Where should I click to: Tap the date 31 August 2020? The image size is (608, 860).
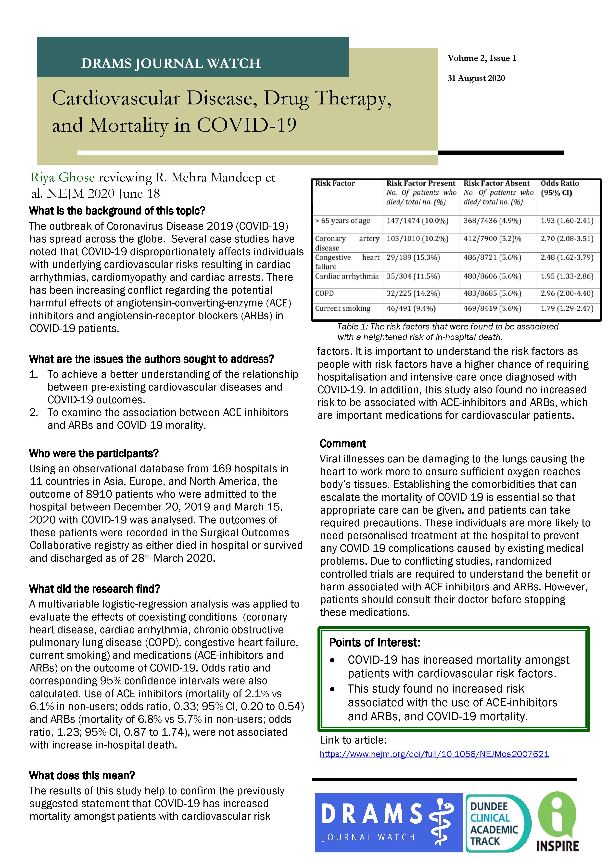coord(476,78)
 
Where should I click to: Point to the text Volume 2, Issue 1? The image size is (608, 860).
coord(481,58)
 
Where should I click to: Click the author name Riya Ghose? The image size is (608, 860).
coord(63,177)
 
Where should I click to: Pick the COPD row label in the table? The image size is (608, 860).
coord(324,293)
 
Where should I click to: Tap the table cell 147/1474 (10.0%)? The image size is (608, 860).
coord(417,221)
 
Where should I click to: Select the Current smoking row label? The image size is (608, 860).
coord(342,308)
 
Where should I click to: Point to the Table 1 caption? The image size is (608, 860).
coord(448,331)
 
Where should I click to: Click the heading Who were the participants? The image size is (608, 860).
coord(94,454)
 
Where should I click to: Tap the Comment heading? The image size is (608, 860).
coord(342,443)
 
